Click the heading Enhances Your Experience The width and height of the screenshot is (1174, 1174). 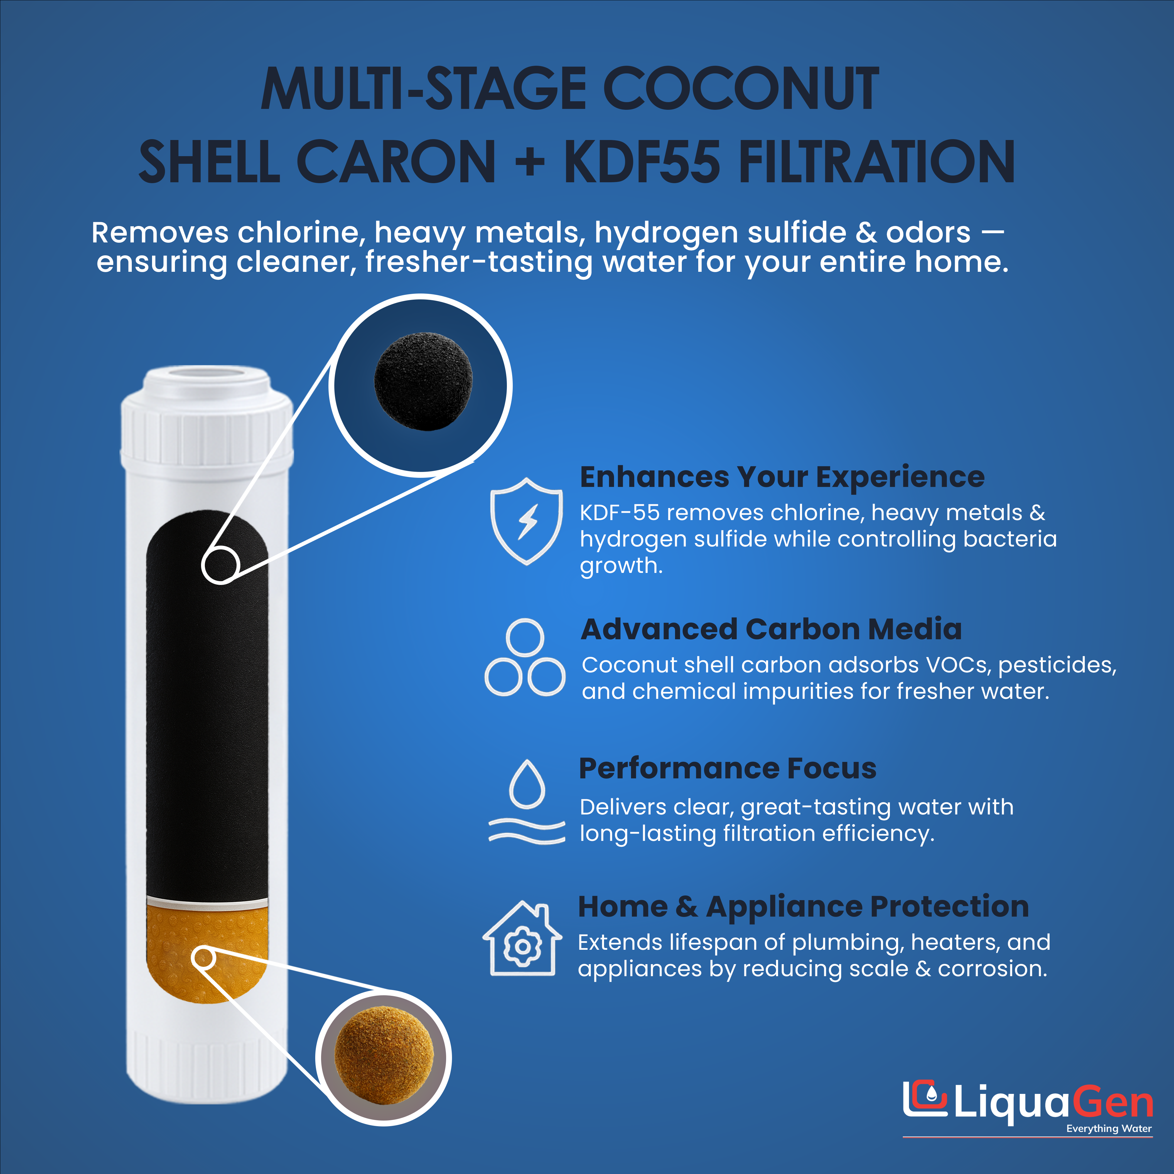782,477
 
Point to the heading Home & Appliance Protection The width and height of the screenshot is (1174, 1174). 803,907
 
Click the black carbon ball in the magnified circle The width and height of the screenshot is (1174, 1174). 423,381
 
